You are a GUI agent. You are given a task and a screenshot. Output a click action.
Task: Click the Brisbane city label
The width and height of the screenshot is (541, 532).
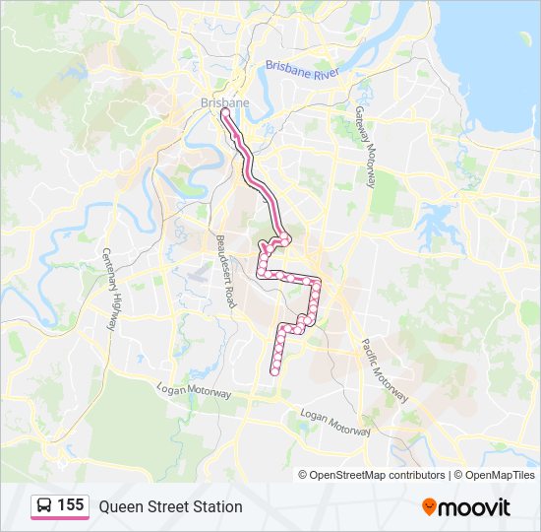pos(224,101)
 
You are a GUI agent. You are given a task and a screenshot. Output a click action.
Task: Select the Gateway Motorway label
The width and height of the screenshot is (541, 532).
pos(365,148)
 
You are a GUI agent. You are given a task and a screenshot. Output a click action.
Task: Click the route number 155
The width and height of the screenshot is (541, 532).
pos(70,505)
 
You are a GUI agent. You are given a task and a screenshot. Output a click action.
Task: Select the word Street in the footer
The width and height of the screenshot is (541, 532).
pos(168,506)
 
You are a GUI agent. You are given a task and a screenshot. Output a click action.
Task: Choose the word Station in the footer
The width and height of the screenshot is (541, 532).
pos(217,506)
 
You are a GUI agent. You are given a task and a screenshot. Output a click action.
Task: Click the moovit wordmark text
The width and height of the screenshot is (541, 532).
pos(475,507)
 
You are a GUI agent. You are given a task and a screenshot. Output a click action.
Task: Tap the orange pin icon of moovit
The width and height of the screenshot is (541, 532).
pos(429,507)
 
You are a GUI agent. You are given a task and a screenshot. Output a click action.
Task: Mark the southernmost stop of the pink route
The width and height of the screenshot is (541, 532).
pos(274,371)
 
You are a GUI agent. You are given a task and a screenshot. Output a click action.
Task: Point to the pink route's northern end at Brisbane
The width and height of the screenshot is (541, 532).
pos(225,112)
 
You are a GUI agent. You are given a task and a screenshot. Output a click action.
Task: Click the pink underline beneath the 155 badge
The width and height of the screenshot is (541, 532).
pos(59,518)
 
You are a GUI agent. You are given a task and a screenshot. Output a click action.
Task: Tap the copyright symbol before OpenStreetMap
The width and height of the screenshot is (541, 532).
pos(303,475)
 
